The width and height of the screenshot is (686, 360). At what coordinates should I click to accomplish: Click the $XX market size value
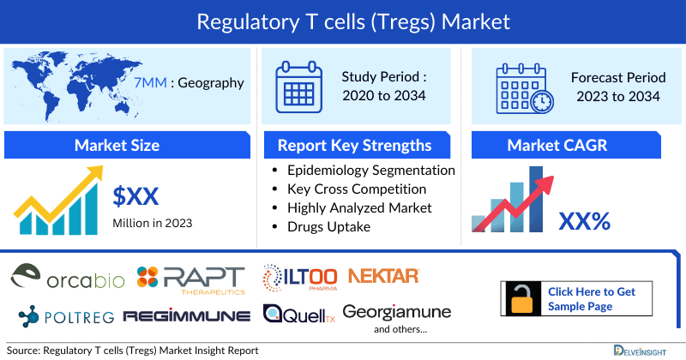(136, 196)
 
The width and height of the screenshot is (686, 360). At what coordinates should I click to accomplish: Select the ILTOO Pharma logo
(300, 277)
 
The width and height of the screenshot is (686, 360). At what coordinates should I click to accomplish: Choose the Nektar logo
(382, 275)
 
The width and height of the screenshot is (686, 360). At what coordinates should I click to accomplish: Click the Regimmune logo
(187, 315)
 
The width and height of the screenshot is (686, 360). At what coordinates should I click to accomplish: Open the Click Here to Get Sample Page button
(571, 298)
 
